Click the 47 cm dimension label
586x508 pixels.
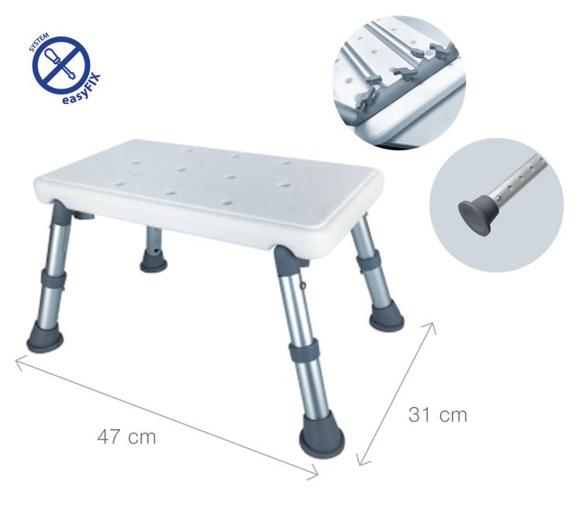pos(126,437)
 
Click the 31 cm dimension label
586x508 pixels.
pos(438,415)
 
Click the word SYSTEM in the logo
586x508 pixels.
pos(39,41)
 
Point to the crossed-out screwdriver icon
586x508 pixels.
pos(62,64)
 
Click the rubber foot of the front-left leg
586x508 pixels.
pos(45,337)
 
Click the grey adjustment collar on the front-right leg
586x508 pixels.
pos(304,350)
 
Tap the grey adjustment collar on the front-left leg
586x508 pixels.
pos(53,279)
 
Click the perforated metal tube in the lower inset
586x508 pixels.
pos(518,179)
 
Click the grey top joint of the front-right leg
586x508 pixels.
pos(286,257)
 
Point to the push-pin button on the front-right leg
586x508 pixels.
pos(303,286)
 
